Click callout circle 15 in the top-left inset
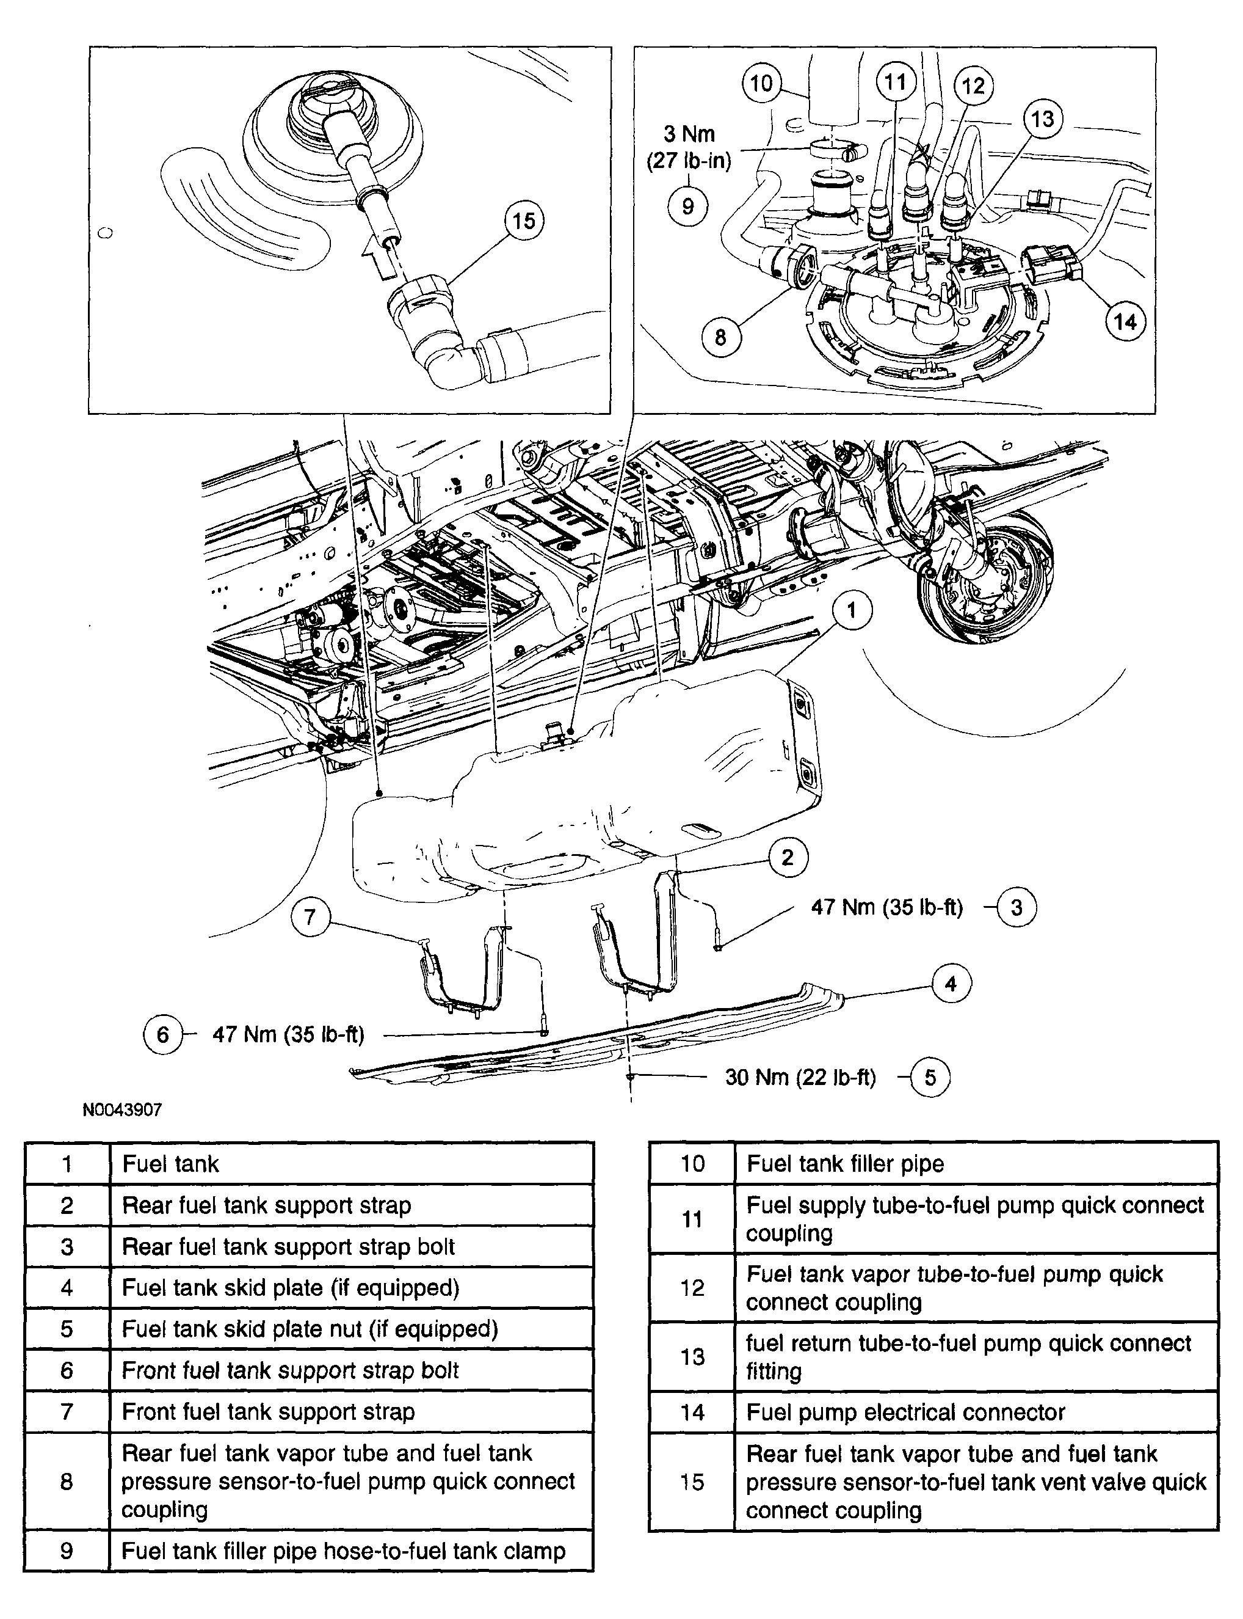pyautogui.click(x=524, y=220)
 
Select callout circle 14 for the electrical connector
pyautogui.click(x=1125, y=321)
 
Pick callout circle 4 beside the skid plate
pyautogui.click(x=951, y=984)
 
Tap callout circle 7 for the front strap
pyautogui.click(x=310, y=917)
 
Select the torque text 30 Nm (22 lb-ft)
pyautogui.click(x=800, y=1077)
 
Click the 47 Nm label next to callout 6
pyautogui.click(x=288, y=1034)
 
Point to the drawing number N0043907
pyautogui.click(x=122, y=1109)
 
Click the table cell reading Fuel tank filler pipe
pyautogui.click(x=844, y=1164)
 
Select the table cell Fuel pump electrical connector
pyautogui.click(x=905, y=1413)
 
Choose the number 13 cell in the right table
pyautogui.click(x=692, y=1357)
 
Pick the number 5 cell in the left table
pyautogui.click(x=67, y=1329)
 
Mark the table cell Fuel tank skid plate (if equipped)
pyautogui.click(x=290, y=1288)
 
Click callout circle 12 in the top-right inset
pyautogui.click(x=973, y=86)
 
